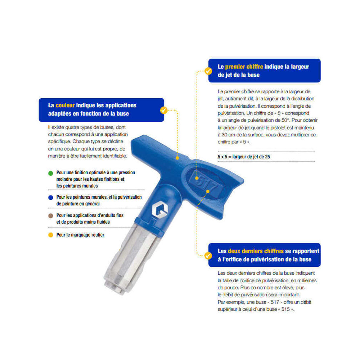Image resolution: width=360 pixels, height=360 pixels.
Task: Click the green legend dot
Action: pyautogui.click(x=51, y=173)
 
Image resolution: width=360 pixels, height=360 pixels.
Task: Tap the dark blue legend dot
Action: pyautogui.click(x=51, y=197)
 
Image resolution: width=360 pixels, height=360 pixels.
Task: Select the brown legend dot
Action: pyautogui.click(x=51, y=216)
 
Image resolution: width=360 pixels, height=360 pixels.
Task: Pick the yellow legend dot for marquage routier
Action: pyautogui.click(x=51, y=235)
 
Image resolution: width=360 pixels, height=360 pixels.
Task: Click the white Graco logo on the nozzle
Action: pyautogui.click(x=159, y=209)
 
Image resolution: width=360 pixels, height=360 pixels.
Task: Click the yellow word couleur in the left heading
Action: pyautogui.click(x=65, y=105)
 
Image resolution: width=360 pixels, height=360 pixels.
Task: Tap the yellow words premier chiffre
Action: pyautogui.click(x=244, y=67)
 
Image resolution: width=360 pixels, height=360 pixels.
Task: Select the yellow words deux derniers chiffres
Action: pyautogui.click(x=256, y=251)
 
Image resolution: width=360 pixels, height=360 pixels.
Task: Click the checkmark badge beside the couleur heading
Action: pyautogui.click(x=164, y=110)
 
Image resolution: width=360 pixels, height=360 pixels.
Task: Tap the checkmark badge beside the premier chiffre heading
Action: pyautogui.click(x=208, y=71)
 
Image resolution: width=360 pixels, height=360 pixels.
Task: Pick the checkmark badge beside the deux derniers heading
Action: pyautogui.click(x=208, y=256)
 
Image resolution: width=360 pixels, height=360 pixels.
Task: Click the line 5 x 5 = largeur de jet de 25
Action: pyautogui.click(x=244, y=157)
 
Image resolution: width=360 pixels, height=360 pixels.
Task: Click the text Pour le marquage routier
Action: pyautogui.click(x=80, y=235)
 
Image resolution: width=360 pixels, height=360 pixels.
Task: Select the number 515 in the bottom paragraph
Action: pyautogui.click(x=285, y=309)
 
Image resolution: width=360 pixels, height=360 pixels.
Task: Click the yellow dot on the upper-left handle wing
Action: pyautogui.click(x=177, y=158)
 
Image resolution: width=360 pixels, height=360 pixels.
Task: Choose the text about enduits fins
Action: pyautogui.click(x=90, y=219)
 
